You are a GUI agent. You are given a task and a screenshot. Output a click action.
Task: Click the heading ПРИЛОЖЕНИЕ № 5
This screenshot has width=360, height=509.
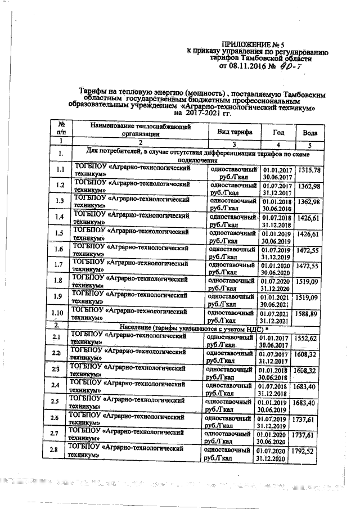click(255, 44)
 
